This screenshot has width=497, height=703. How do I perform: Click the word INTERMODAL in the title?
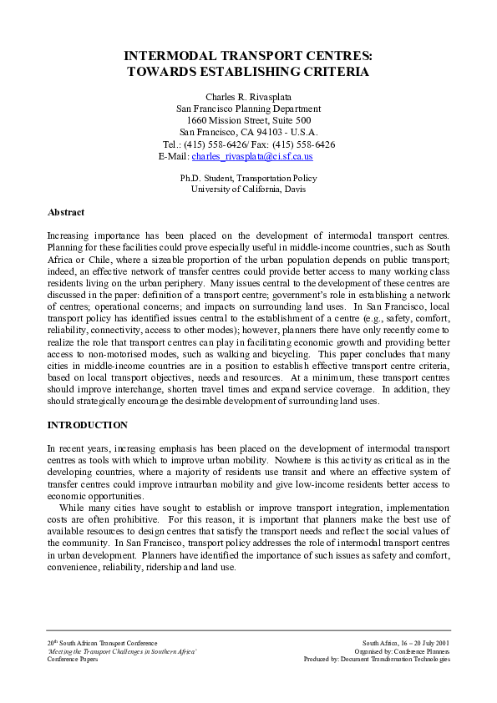coord(172,55)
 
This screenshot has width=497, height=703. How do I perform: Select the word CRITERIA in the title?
coord(331,72)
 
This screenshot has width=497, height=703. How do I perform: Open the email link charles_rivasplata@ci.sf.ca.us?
coord(252,156)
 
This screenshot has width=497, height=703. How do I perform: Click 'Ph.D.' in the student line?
coord(191,178)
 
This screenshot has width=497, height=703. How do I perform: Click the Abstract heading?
coord(66,212)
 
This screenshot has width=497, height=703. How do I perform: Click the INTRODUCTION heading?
coord(88,425)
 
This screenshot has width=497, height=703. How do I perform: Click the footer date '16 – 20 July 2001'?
coord(420,644)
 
